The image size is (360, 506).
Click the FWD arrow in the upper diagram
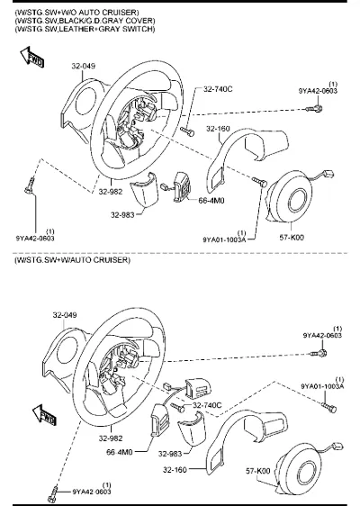point(31,58)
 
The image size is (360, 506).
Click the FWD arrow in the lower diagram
point(44,415)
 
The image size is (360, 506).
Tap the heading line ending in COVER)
point(85,21)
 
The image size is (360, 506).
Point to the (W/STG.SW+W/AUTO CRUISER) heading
point(72,260)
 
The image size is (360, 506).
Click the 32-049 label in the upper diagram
point(84,66)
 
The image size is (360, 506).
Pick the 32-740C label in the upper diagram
point(218,89)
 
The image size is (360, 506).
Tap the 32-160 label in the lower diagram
point(175,469)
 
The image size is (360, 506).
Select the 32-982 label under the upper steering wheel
point(111,192)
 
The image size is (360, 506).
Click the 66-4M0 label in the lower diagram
point(120,452)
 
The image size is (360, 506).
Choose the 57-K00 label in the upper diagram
point(292,238)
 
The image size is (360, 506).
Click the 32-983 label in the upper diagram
point(122,215)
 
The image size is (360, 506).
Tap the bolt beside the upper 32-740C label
point(187,131)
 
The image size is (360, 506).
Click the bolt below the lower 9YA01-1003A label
point(329,407)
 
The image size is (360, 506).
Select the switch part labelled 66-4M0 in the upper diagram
point(182,186)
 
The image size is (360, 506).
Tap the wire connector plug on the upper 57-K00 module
point(328,175)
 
